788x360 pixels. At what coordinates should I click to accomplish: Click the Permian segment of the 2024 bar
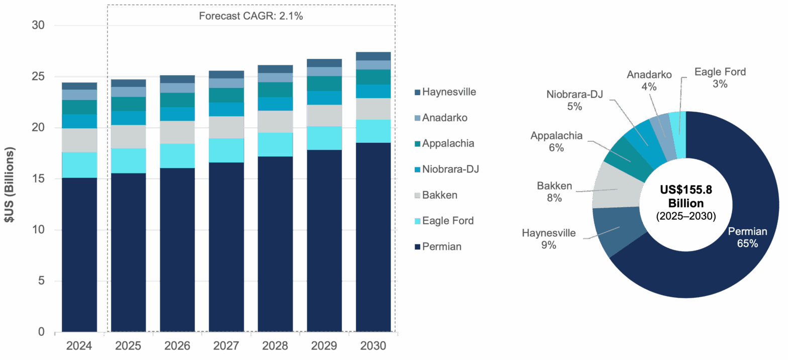[x=79, y=254]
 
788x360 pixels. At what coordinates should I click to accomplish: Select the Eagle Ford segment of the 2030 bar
[x=373, y=131]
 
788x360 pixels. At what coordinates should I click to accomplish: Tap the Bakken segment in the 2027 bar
[x=226, y=127]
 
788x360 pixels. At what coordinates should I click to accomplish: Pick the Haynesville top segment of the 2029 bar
[x=324, y=62]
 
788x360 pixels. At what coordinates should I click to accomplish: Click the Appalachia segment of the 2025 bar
[x=128, y=104]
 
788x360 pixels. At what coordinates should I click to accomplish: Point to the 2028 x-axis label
[x=275, y=346]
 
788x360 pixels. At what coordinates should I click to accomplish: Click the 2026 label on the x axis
[x=177, y=346]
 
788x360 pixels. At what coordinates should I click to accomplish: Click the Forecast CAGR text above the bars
[x=251, y=16]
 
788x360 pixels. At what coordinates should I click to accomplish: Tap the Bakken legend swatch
[x=417, y=195]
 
